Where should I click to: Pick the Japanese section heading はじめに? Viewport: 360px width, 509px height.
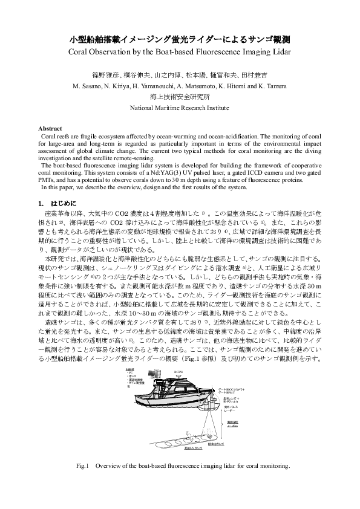tap(64, 204)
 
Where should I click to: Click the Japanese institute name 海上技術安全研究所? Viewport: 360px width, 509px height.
tap(180, 97)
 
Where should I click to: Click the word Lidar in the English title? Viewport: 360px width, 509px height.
tap(280, 53)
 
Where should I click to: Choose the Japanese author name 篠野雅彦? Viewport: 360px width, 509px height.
tap(103, 77)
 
